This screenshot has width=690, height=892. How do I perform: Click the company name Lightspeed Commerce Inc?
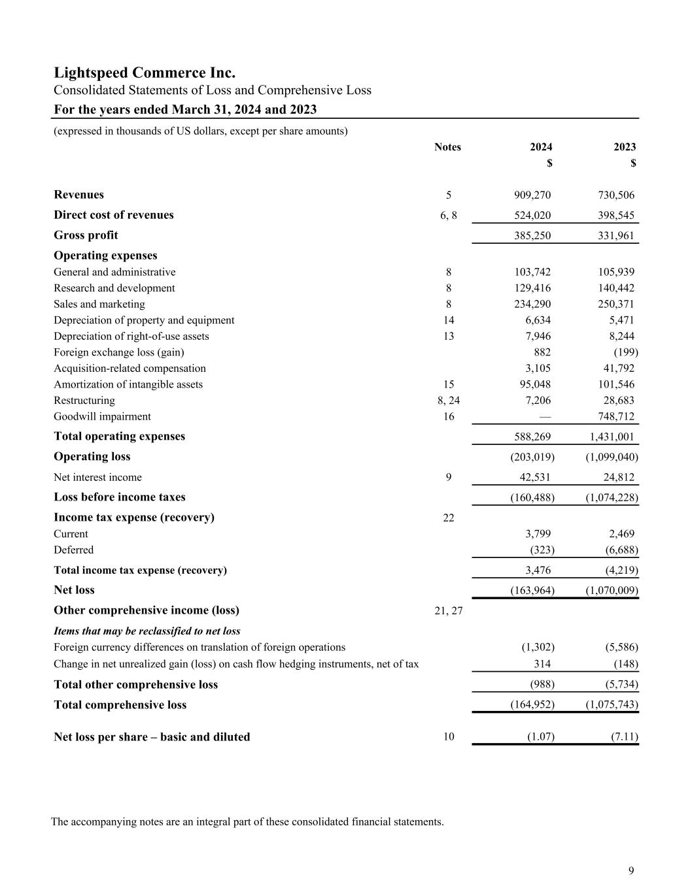pyautogui.click(x=145, y=73)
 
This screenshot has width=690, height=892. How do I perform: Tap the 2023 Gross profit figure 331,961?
pyautogui.click(x=615, y=235)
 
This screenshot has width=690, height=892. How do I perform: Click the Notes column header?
pyautogui.click(x=447, y=147)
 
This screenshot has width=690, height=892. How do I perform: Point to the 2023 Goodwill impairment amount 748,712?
pyautogui.click(x=615, y=416)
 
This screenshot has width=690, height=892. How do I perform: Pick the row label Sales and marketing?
pyautogui.click(x=99, y=304)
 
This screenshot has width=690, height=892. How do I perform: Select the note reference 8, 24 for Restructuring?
pyautogui.click(x=449, y=401)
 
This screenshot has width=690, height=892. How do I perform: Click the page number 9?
pyautogui.click(x=630, y=870)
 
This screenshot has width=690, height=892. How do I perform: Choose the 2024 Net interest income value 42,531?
pyautogui.click(x=534, y=477)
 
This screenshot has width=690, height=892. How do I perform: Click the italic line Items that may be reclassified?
pyautogui.click(x=147, y=631)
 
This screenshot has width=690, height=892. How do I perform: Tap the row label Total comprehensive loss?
pyautogui.click(x=120, y=705)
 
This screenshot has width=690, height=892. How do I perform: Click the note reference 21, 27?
pyautogui.click(x=449, y=610)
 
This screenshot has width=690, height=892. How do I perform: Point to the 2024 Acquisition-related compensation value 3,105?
pyautogui.click(x=538, y=369)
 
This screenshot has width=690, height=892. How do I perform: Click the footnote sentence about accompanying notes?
pyautogui.click(x=247, y=821)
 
